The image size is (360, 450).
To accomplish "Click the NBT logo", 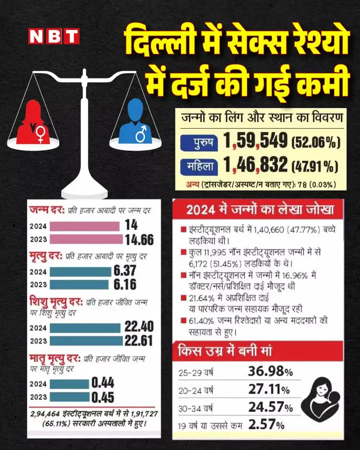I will click(53, 35).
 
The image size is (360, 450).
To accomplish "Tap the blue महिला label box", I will click(199, 166).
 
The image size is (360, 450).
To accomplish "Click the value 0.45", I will click(102, 397).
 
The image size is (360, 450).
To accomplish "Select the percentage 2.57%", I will click(266, 425).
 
